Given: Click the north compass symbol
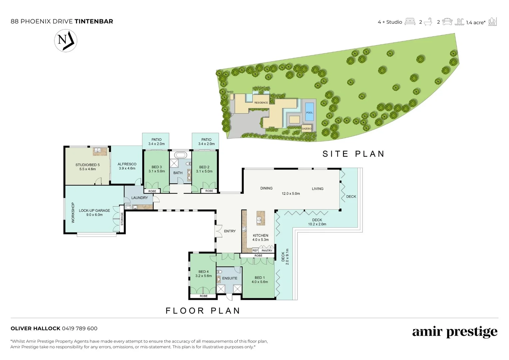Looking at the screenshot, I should (x=66, y=41).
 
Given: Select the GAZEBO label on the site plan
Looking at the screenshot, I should (x=306, y=129).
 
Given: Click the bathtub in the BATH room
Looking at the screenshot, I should (x=181, y=155).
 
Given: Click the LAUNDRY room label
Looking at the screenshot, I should (x=139, y=198).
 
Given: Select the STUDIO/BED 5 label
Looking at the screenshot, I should (x=87, y=165).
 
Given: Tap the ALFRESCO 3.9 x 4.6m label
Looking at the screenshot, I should (x=127, y=166).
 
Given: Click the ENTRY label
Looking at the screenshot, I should (x=230, y=231).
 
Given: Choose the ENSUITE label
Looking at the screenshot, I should (x=230, y=278).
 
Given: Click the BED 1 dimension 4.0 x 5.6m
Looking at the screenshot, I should (x=259, y=282).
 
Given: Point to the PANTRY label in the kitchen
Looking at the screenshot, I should (x=267, y=251).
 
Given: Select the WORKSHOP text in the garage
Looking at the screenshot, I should (x=73, y=212).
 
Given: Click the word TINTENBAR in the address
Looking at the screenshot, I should (x=94, y=21).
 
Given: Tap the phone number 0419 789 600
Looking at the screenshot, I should (x=80, y=328).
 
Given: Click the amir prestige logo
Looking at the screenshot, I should (x=455, y=332).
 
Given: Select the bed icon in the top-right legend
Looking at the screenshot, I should (x=410, y=22).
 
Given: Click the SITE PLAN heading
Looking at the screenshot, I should (x=353, y=154).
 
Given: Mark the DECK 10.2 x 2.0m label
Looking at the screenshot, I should (x=317, y=222).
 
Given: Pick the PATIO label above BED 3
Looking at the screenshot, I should (x=156, y=140).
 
